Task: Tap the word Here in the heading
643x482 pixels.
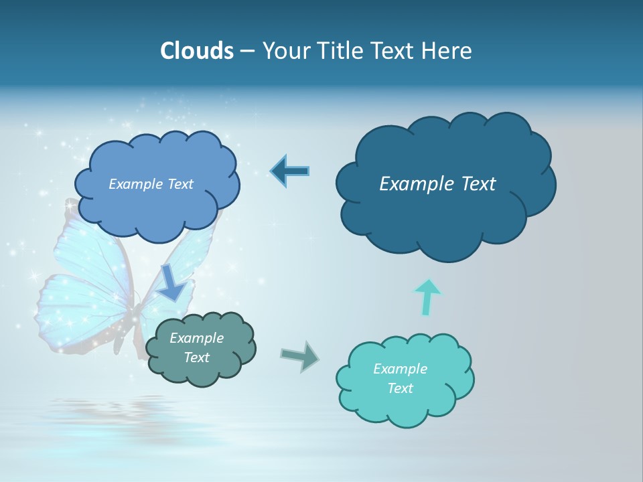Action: click(x=447, y=51)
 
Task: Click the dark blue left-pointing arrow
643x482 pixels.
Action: click(x=289, y=171)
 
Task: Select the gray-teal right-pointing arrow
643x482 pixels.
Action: click(x=300, y=356)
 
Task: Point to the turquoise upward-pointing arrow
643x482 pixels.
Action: click(x=427, y=297)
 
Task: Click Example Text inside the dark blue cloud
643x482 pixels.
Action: click(x=437, y=184)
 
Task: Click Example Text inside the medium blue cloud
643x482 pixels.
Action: click(x=151, y=184)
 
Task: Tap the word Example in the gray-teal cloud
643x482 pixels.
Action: click(x=196, y=338)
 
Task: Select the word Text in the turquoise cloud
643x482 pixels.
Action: click(x=400, y=388)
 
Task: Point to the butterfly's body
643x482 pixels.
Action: click(x=134, y=321)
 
